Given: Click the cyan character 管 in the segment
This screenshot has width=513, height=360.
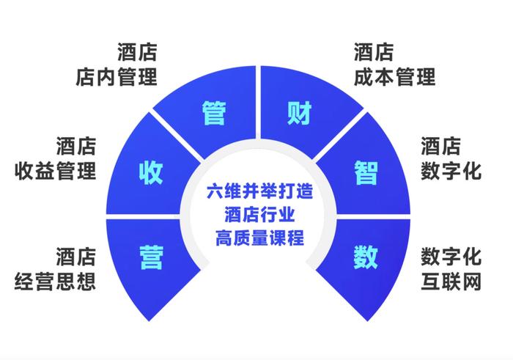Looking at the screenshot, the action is (214, 113).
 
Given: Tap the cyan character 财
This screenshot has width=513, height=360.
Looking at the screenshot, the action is (299, 113).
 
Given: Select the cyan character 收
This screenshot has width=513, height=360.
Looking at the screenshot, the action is (151, 172).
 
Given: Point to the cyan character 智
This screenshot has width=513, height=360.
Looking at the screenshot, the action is (366, 172).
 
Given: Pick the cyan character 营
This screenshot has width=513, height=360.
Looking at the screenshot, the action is (152, 257).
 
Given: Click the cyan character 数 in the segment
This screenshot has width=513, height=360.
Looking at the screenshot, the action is (366, 257).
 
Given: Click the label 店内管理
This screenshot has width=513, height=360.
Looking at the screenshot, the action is (117, 77).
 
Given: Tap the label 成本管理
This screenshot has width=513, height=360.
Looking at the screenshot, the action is (394, 77).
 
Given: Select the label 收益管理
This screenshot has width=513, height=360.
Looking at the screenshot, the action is (55, 171).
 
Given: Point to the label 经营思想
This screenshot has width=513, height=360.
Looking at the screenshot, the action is (55, 282).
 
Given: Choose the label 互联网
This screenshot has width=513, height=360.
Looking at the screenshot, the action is (451, 282).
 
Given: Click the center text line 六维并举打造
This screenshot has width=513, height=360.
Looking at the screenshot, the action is (259, 191).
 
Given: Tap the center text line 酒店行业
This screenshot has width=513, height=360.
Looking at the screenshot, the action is (259, 214).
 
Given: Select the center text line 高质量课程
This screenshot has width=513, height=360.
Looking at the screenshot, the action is (259, 238).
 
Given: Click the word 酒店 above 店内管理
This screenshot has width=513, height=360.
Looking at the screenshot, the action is (138, 52).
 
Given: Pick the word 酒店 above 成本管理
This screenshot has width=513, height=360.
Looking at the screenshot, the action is (374, 52).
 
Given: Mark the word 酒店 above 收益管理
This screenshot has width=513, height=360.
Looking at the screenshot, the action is (76, 146).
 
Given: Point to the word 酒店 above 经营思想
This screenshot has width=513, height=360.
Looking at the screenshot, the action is (76, 257).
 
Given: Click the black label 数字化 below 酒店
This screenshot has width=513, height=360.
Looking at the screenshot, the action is (451, 171).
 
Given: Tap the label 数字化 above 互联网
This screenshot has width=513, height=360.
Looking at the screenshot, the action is (451, 257).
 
